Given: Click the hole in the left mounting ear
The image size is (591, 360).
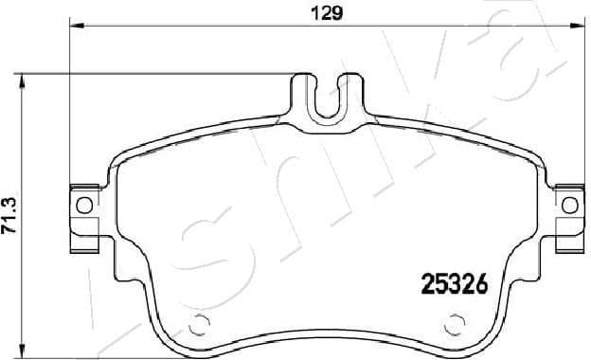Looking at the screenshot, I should pyautogui.click(x=83, y=204).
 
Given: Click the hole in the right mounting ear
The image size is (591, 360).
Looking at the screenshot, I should pyautogui.click(x=570, y=204).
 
